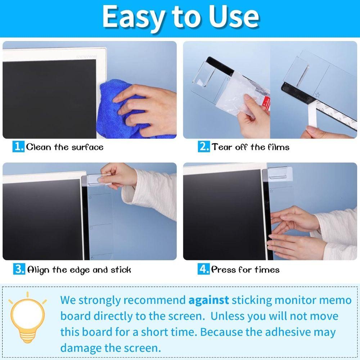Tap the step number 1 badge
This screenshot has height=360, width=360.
(19, 147)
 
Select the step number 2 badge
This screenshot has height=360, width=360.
(204, 147)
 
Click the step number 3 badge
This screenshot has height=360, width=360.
(19, 269)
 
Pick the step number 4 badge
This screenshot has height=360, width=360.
(204, 269)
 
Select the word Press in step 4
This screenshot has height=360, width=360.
(224, 270)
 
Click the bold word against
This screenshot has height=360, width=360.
(209, 300)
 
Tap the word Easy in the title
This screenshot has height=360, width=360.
(132, 16)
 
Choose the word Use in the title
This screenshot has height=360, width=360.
(234, 16)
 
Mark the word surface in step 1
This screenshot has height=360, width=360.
(87, 147)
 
